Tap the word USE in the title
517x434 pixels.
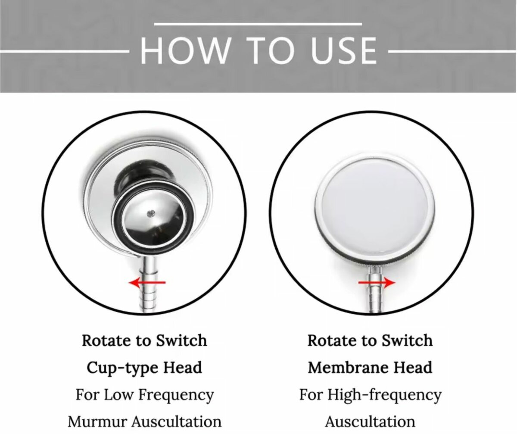(344, 51)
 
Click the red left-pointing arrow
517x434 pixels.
(147, 282)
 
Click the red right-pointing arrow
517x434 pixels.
(377, 282)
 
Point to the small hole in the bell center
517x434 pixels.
(151, 212)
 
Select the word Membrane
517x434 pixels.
(346, 367)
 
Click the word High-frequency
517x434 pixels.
(385, 395)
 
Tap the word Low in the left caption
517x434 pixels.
(118, 394)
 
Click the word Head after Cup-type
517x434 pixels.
(183, 367)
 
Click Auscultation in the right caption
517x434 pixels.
(370, 422)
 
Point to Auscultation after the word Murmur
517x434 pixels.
(177, 422)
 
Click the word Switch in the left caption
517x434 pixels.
(181, 340)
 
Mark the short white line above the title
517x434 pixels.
(258, 24)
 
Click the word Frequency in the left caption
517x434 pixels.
(176, 395)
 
